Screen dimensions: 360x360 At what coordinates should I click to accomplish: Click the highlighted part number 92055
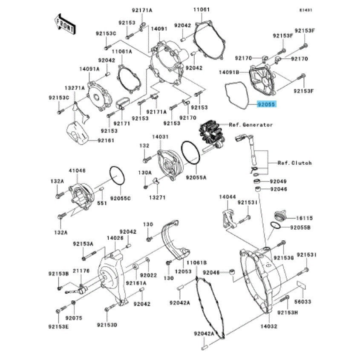point(267,104)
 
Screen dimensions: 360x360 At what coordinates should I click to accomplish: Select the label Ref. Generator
point(251,125)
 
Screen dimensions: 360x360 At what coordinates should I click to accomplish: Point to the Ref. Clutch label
point(294,163)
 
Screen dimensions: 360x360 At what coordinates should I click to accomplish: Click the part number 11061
point(202,9)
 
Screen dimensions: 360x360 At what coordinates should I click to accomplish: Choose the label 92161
point(106,140)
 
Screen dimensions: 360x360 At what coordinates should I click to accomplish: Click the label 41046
point(77,170)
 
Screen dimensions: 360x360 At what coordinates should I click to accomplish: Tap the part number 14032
point(269,326)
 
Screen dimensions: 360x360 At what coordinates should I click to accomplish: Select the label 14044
point(227,197)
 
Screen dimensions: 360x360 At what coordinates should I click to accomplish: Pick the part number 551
point(102,204)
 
